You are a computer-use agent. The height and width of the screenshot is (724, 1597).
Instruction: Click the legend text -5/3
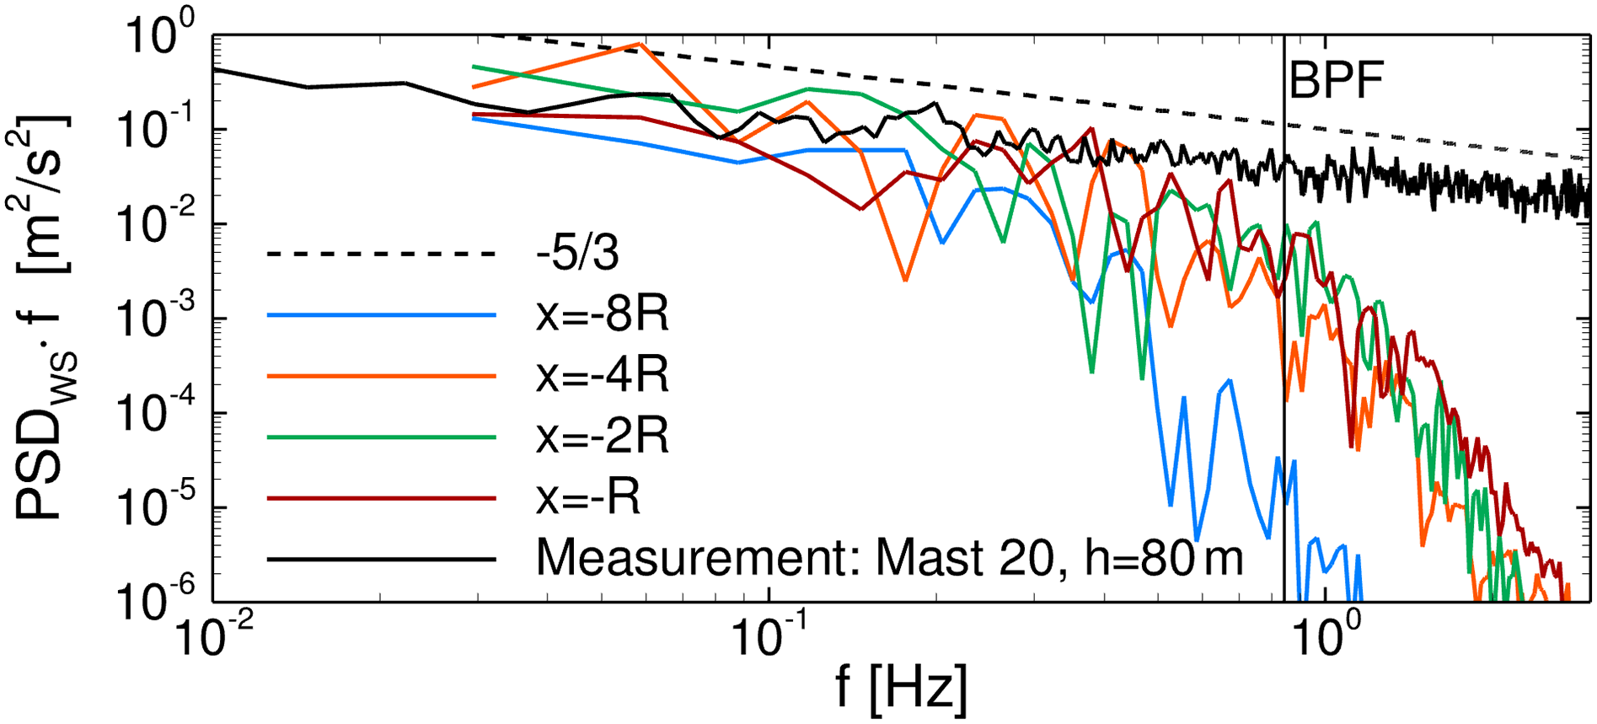point(578,253)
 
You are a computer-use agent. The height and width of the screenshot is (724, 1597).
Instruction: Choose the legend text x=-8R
point(603,314)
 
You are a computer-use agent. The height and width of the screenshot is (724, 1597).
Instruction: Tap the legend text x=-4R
point(603,376)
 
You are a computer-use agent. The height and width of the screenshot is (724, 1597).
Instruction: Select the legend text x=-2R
point(603,437)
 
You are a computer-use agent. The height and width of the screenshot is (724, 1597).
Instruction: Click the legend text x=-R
point(588,498)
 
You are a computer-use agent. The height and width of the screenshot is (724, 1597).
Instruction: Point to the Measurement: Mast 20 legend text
point(889,558)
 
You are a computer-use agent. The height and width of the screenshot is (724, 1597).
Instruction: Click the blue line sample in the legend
point(381,315)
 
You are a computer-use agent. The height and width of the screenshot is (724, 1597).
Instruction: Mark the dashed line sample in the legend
point(381,254)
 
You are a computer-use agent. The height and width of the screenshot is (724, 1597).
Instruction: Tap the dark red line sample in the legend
point(381,499)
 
